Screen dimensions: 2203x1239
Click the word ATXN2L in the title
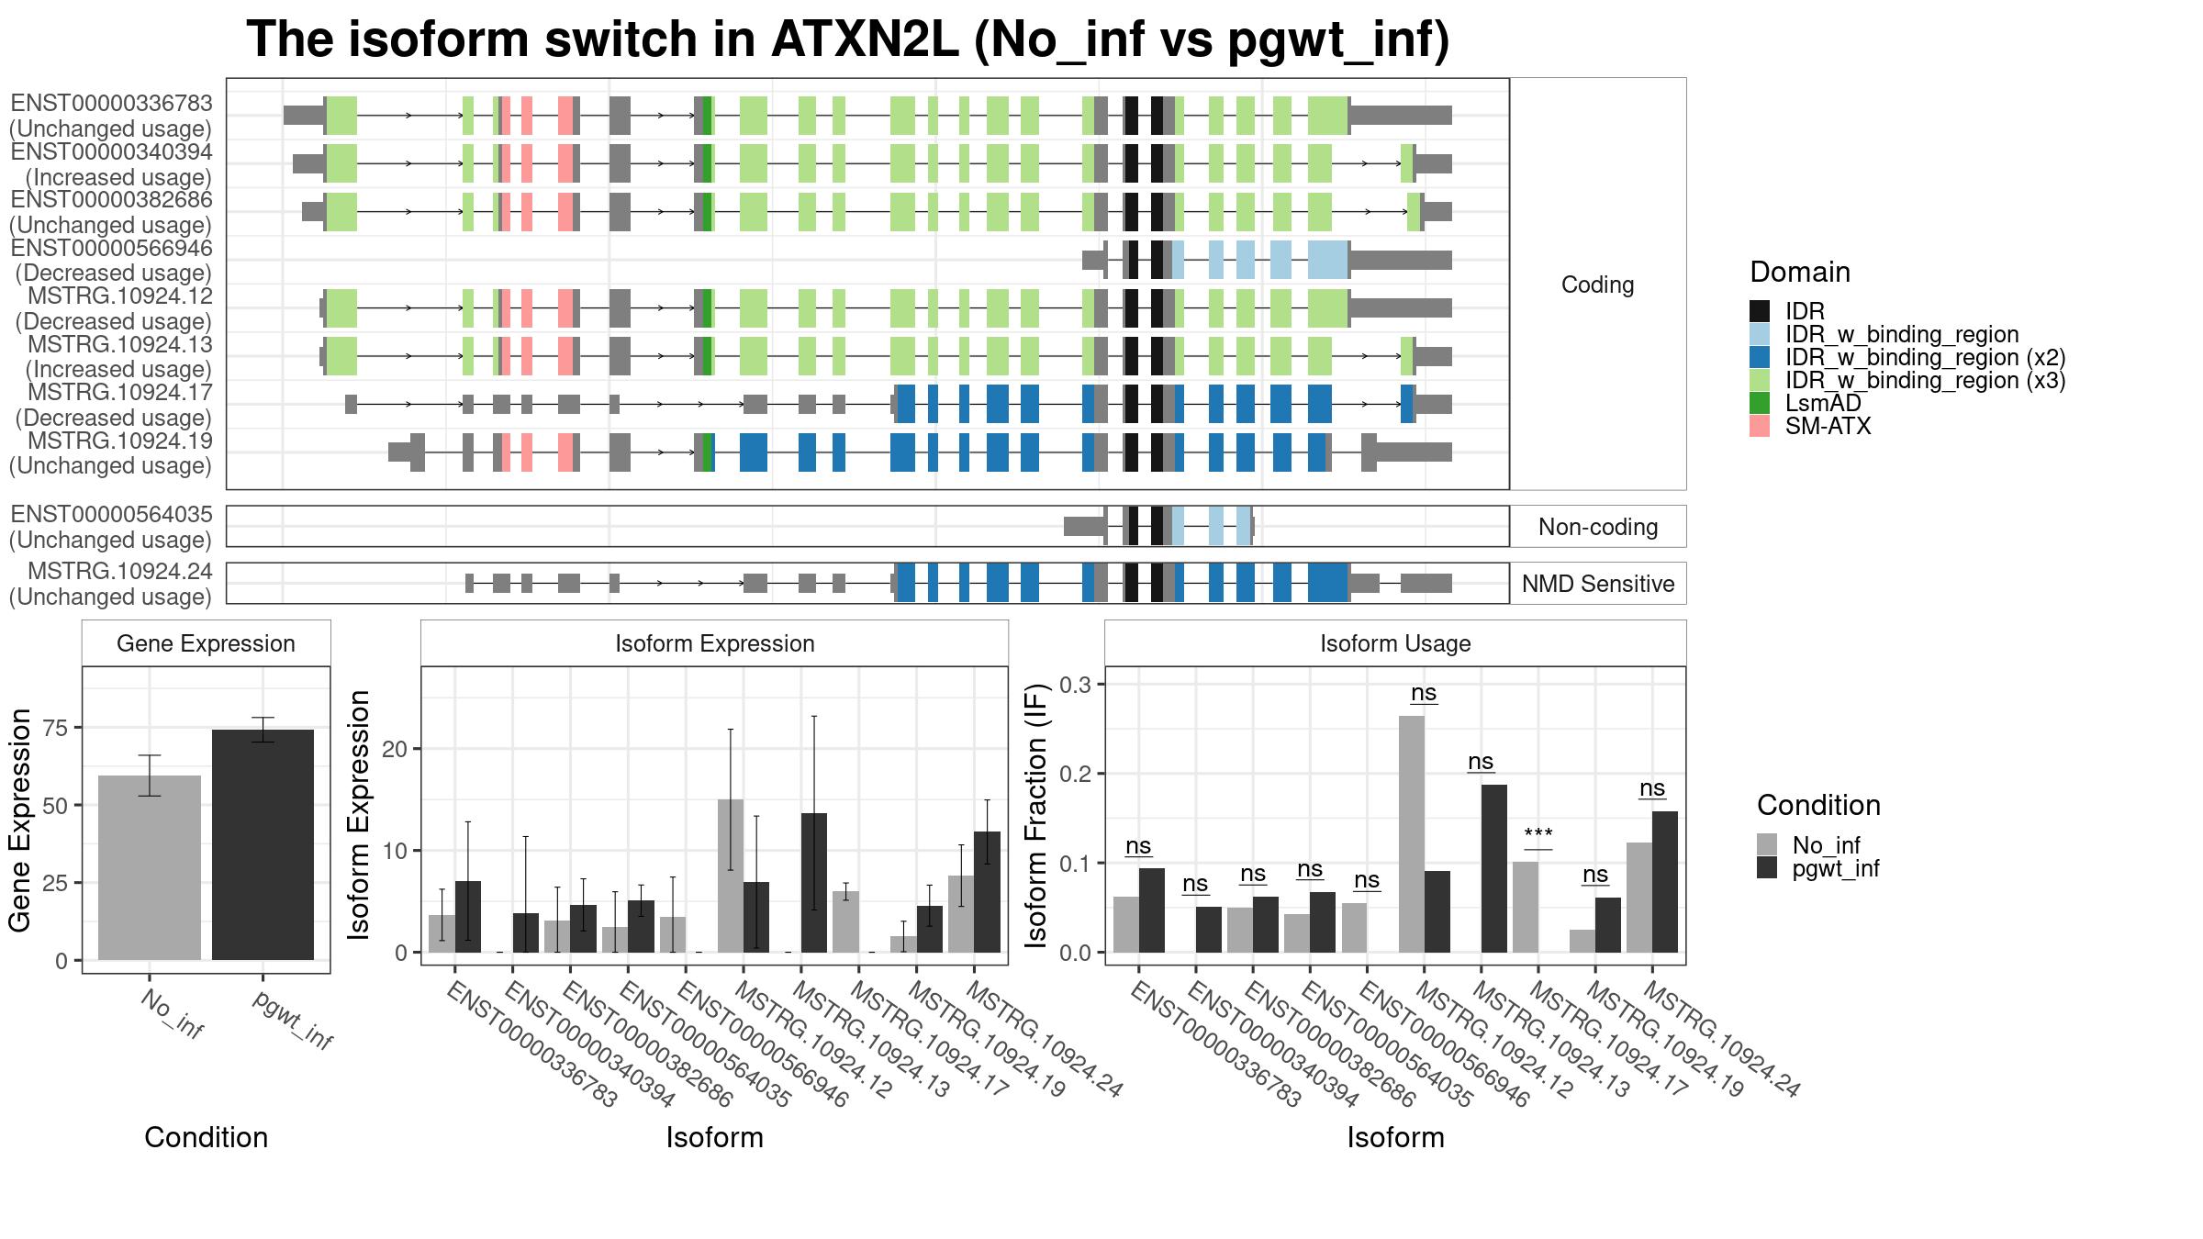(864, 39)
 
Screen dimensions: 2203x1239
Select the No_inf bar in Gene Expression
(150, 868)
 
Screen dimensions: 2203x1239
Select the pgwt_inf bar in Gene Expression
(263, 845)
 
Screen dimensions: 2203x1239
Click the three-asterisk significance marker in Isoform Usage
(1538, 834)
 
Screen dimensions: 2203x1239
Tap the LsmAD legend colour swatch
(1760, 403)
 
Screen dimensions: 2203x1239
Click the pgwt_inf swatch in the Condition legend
(1767, 868)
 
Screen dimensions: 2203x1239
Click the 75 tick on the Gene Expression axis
(56, 728)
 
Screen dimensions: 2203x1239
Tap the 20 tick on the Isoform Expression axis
(395, 749)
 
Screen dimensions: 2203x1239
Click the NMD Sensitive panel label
(1598, 584)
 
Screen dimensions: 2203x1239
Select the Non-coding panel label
(1598, 527)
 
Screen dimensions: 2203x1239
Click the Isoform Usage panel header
(1395, 643)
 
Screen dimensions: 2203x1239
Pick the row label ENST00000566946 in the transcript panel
(111, 248)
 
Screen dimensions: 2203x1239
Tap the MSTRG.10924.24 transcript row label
(119, 571)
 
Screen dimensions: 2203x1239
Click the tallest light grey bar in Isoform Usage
(1412, 834)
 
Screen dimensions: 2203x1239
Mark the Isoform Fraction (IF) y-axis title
(1036, 816)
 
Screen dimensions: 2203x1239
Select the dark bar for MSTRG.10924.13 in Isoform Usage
(1494, 868)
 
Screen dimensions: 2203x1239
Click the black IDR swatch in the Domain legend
(1760, 311)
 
